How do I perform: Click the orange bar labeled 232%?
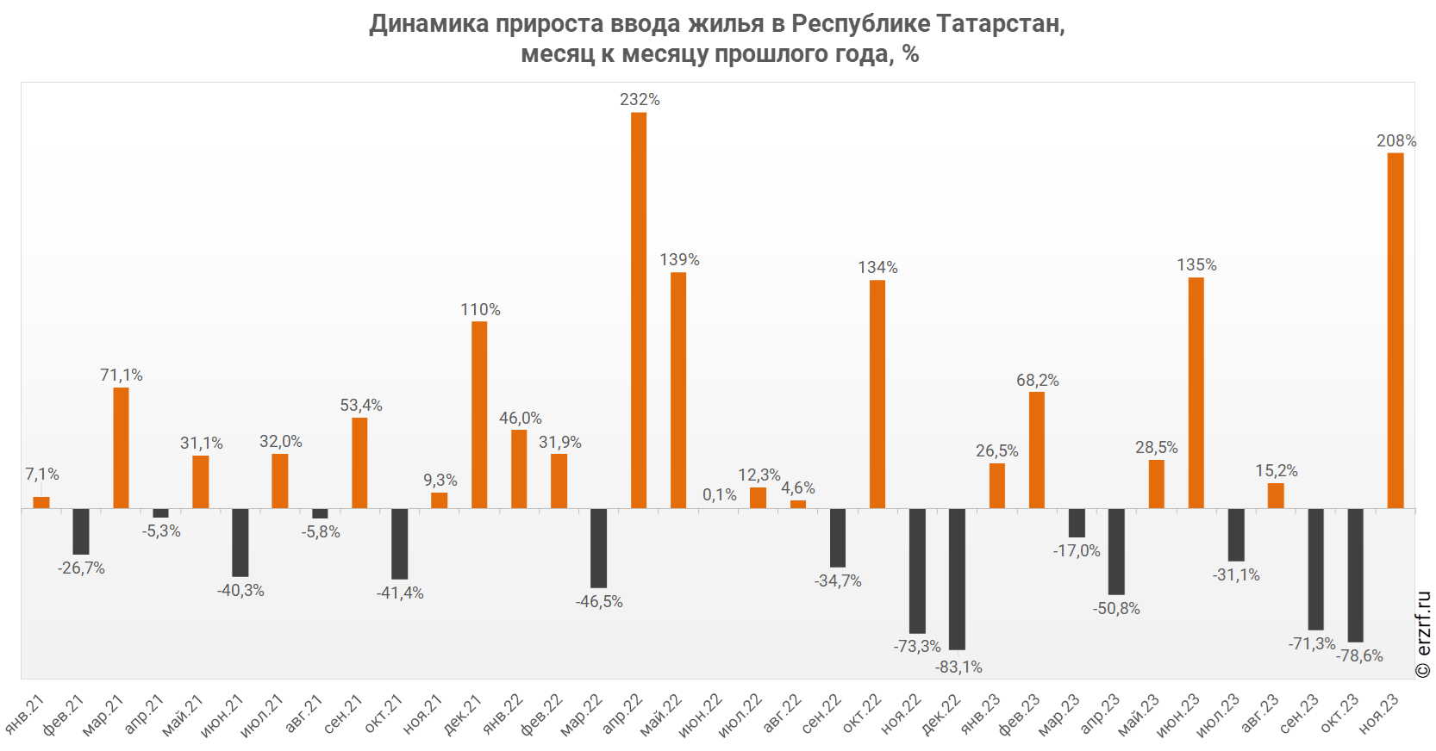(x=639, y=310)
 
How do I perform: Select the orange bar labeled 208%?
(x=1395, y=331)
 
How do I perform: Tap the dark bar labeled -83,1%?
(x=957, y=579)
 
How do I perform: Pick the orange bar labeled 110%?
(x=479, y=414)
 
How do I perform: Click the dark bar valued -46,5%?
(x=598, y=548)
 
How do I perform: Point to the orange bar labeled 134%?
(x=877, y=394)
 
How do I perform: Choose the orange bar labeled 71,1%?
(x=121, y=448)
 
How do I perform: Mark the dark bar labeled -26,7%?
(x=81, y=531)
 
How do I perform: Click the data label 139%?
(x=679, y=259)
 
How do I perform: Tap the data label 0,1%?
(x=719, y=494)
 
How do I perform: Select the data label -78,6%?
(x=1359, y=655)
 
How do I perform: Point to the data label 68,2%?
(x=1037, y=380)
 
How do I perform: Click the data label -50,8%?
(x=1116, y=608)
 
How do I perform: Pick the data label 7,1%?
(x=41, y=474)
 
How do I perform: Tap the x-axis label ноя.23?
(x=1380, y=714)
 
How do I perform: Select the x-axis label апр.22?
(x=623, y=714)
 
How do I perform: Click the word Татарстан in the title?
(x=1000, y=23)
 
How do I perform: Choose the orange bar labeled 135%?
(x=1196, y=393)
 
